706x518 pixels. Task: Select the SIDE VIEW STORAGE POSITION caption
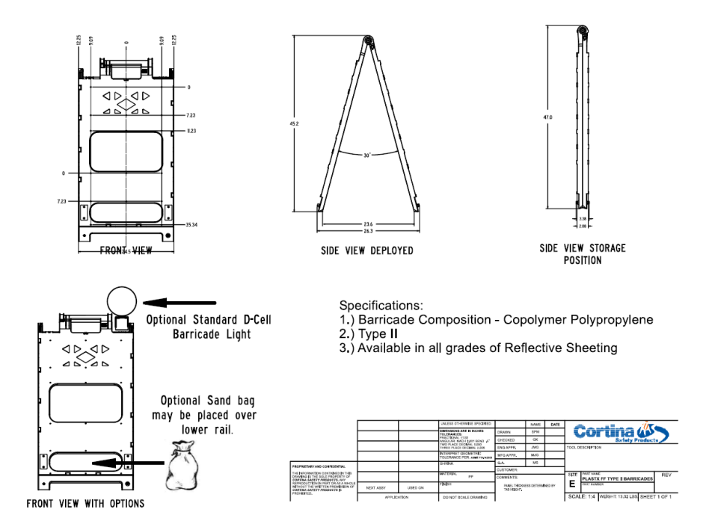[x=582, y=254]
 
